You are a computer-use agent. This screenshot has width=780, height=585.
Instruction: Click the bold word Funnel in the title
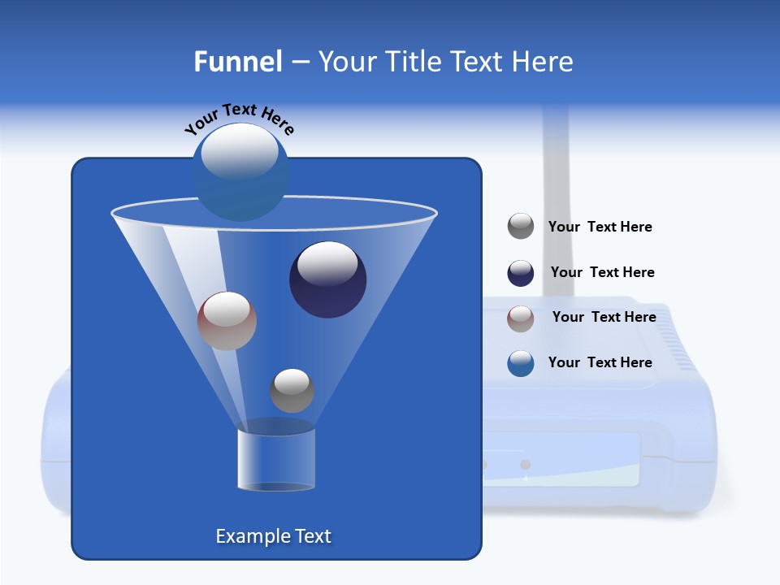(238, 62)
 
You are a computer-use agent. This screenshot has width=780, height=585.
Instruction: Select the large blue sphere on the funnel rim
(240, 172)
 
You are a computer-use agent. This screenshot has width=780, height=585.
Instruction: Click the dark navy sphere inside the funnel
(327, 280)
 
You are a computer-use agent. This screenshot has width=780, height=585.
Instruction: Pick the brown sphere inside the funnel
(227, 321)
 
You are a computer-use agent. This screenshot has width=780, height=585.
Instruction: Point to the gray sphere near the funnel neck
(292, 391)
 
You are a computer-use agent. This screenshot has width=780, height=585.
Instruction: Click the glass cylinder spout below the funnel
(275, 459)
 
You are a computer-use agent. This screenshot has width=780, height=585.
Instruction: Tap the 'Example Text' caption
(273, 536)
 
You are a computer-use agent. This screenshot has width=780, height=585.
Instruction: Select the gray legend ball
(521, 227)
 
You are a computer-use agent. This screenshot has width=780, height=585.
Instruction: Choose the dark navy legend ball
(521, 273)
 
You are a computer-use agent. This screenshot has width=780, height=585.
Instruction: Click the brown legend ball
(521, 318)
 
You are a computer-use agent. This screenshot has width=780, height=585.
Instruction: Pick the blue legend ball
(521, 363)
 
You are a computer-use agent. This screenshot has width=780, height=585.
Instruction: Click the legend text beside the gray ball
(600, 227)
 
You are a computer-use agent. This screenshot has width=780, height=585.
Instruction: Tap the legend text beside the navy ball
(602, 272)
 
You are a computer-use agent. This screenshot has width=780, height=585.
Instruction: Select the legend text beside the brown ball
(604, 317)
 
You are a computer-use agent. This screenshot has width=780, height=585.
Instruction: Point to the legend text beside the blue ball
(600, 362)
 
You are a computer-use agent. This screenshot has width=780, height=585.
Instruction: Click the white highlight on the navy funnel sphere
(327, 263)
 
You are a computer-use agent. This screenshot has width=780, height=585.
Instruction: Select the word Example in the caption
(247, 536)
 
